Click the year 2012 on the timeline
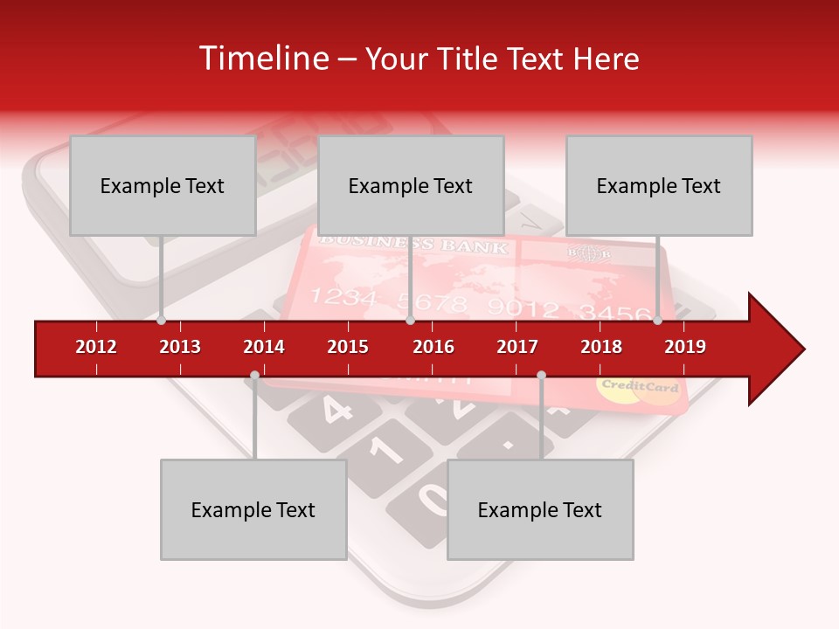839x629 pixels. [96, 347]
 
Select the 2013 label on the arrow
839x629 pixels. [180, 347]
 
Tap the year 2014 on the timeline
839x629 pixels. [264, 347]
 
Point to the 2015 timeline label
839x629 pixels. [348, 347]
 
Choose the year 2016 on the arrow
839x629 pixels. [433, 347]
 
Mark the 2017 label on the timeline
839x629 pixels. [517, 347]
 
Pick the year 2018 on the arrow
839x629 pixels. [601, 347]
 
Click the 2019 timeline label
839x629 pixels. [685, 347]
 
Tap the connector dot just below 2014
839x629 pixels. [254, 376]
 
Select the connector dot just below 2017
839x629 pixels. [541, 376]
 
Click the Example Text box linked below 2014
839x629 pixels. [253, 509]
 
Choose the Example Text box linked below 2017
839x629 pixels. [540, 509]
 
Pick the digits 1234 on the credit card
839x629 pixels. [343, 298]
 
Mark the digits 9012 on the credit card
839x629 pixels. [524, 307]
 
